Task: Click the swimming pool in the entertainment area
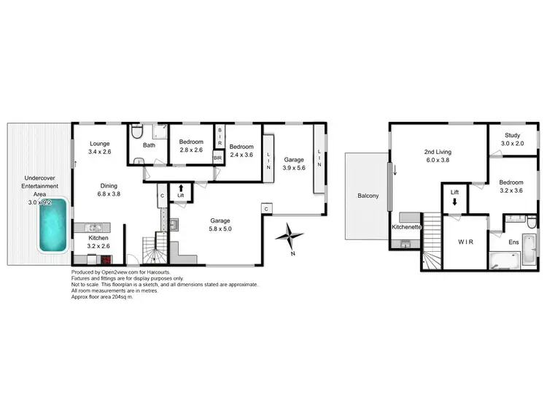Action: (x=54, y=226)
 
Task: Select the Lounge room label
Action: (x=99, y=144)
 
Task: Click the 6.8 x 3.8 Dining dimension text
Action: (x=109, y=194)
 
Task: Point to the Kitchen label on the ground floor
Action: (x=98, y=238)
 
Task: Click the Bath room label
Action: (x=149, y=145)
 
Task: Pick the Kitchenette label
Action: (x=406, y=228)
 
